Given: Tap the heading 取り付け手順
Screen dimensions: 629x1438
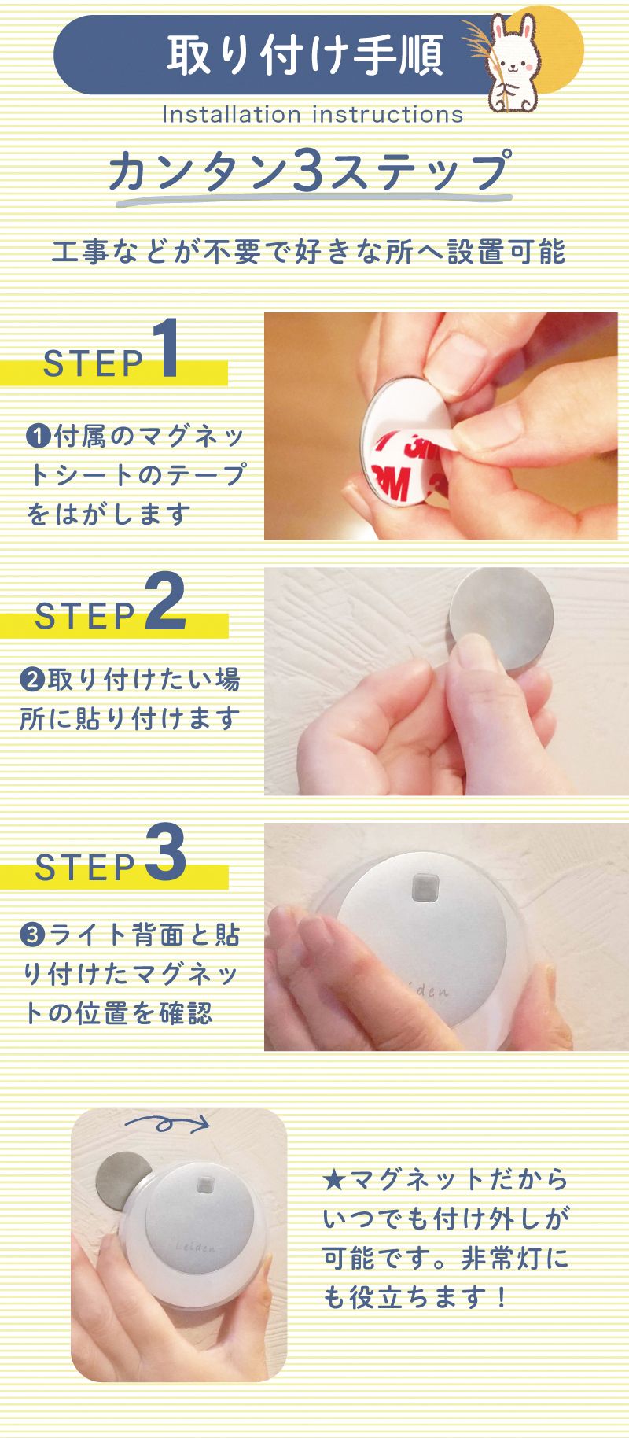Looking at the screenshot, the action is [305, 54].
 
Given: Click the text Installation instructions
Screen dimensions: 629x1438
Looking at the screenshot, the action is [312, 115].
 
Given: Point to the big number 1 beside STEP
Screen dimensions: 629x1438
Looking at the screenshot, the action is [167, 349].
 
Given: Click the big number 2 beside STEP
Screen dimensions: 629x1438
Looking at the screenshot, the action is [166, 601].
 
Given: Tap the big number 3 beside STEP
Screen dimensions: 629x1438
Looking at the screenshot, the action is [166, 854].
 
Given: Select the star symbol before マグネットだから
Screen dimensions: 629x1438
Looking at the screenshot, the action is [334, 1180].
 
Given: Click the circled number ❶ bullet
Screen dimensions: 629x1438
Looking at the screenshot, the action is [38, 435].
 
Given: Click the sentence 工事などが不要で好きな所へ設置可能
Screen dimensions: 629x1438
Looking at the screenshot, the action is [308, 253].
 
